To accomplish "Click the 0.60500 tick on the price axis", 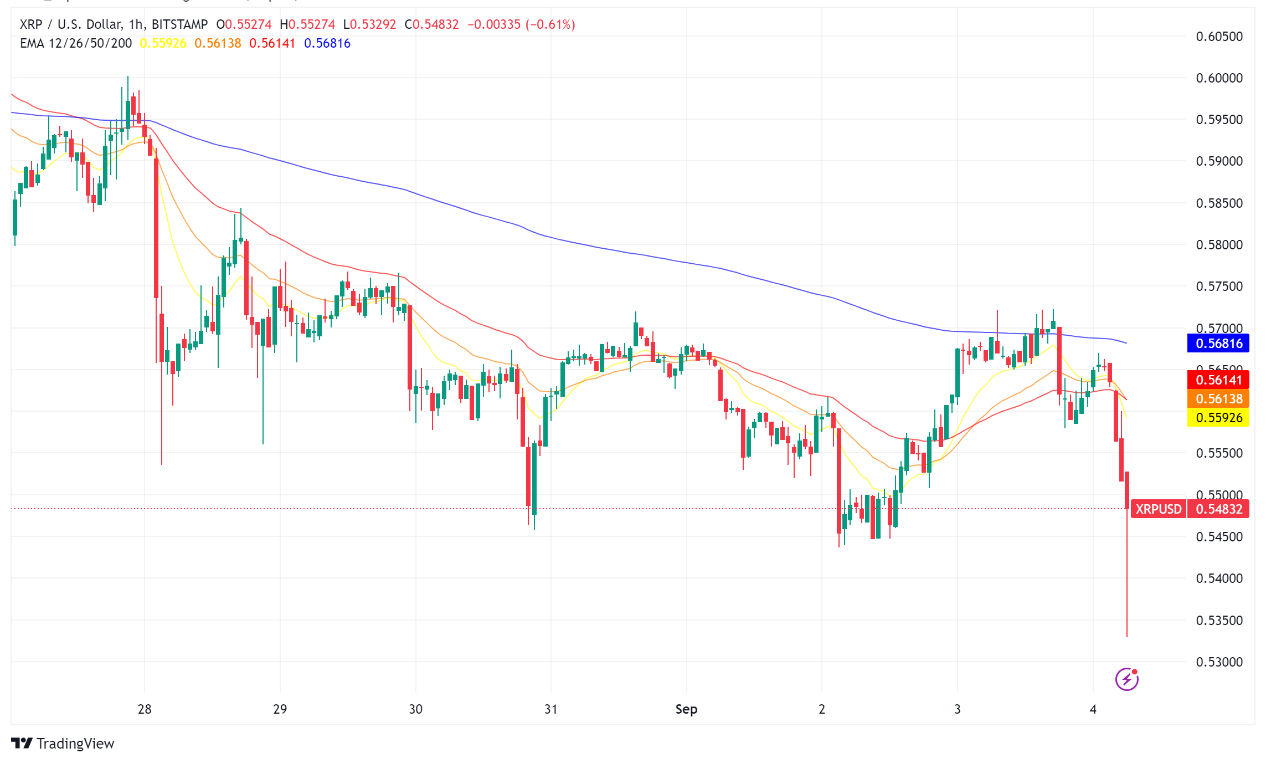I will (x=1219, y=37).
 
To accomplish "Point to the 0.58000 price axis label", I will (x=1219, y=245).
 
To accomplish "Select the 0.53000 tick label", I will (x=1219, y=662).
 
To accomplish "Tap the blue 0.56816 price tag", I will (x=1218, y=344).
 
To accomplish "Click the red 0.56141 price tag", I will (x=1218, y=380).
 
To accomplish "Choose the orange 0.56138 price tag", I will (x=1218, y=399).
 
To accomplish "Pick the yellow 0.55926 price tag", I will (x=1218, y=418).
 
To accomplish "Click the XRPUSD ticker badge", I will (x=1159, y=509).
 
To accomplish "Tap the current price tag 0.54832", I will (x=1218, y=509).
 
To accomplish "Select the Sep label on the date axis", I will (x=686, y=709).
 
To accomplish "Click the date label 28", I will (x=145, y=709).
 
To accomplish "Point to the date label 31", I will (x=551, y=709).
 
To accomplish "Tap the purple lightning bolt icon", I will (x=1126, y=679).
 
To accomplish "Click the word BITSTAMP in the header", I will (x=179, y=24).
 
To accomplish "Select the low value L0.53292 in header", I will (x=369, y=24).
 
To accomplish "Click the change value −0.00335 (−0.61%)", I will (x=521, y=24).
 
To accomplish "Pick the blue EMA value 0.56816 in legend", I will (x=327, y=43).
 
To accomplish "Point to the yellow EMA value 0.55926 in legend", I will (x=163, y=43).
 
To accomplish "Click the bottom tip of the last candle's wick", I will (x=1127, y=637).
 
